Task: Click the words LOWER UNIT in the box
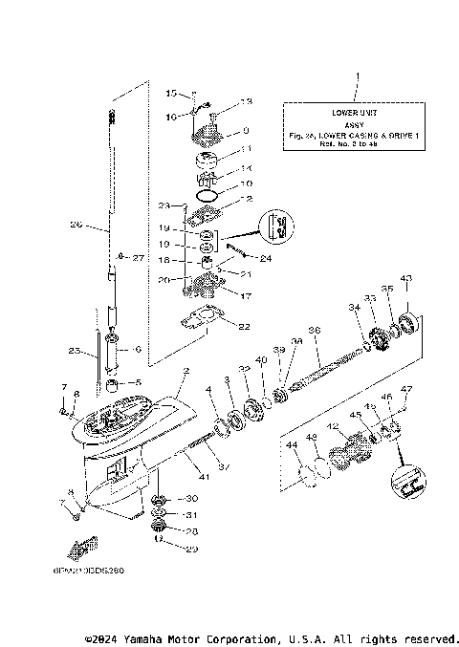[356, 113]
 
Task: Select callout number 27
[135, 258]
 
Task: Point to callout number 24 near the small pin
[265, 258]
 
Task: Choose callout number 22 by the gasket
[244, 327]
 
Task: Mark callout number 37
[223, 465]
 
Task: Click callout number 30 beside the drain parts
[190, 499]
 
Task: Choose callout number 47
[405, 389]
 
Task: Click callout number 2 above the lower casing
[186, 371]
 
